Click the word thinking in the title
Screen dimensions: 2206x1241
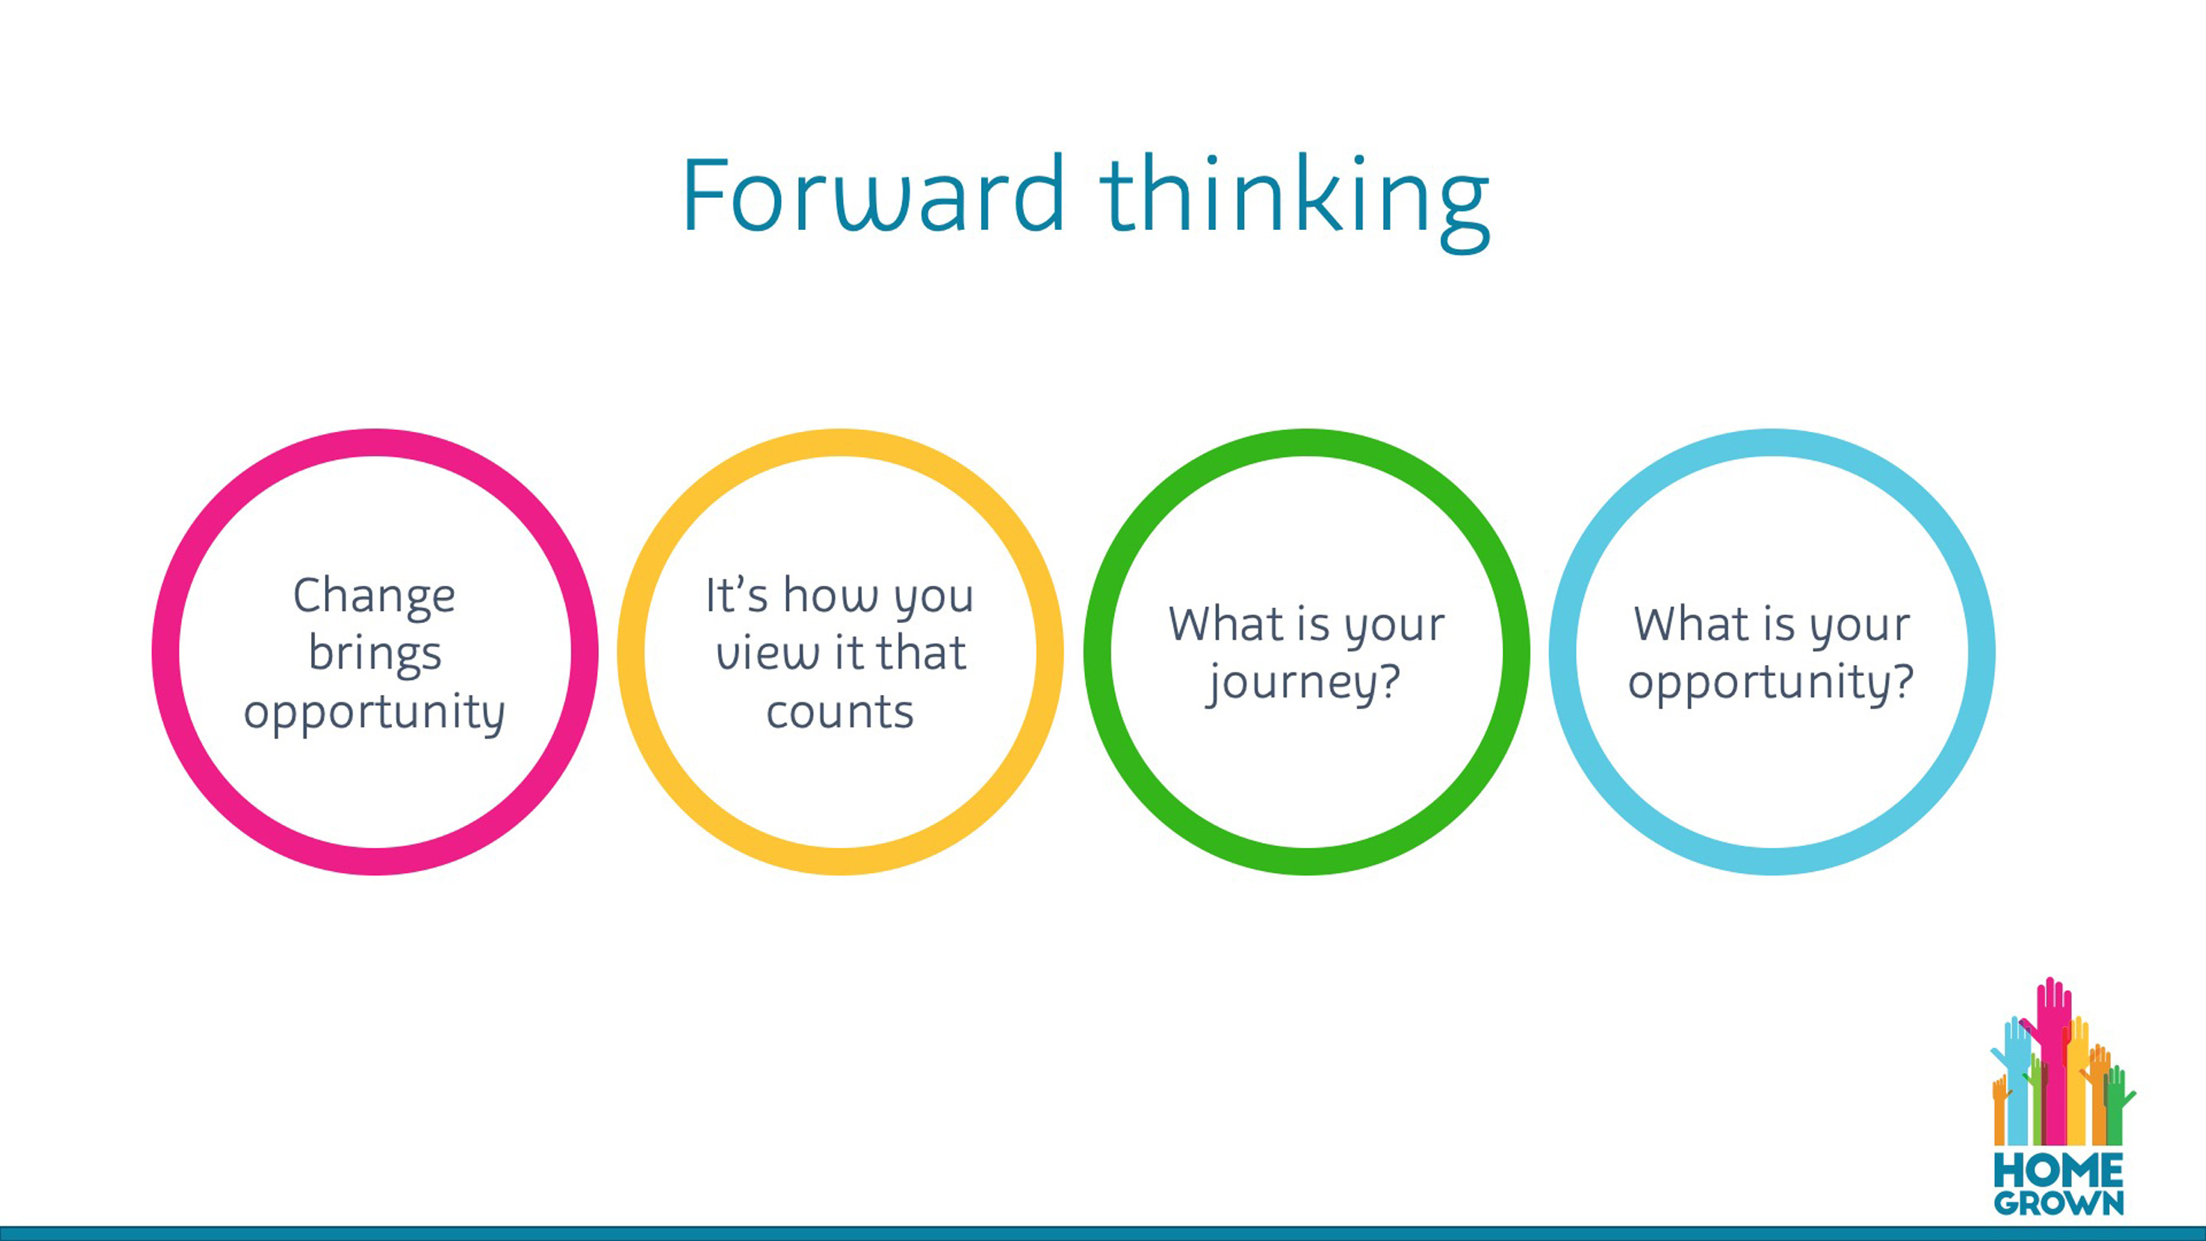[1295, 202]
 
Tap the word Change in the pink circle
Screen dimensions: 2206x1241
[374, 598]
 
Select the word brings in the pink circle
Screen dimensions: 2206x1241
[375, 655]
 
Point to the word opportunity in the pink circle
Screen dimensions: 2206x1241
[374, 712]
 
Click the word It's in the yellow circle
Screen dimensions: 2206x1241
[736, 594]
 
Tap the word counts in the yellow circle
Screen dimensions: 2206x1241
[840, 712]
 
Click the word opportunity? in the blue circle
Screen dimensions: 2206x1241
[1771, 683]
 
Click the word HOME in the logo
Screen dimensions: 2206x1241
[2059, 1169]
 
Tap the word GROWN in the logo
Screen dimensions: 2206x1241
[2059, 1203]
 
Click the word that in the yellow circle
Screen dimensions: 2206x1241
[921, 654]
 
